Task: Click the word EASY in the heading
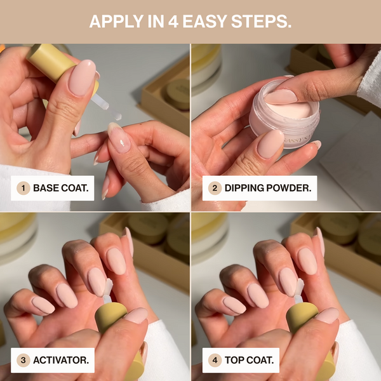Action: pos(205,22)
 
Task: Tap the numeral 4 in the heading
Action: pos(173,22)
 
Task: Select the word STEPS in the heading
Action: pos(261,22)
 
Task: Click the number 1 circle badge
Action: pos(23,188)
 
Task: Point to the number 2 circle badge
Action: pos(215,188)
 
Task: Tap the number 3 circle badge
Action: pos(23,360)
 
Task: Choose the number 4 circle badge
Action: pos(215,360)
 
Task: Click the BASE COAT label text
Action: pos(61,188)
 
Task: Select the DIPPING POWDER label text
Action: pos(268,188)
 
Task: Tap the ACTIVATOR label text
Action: pos(61,360)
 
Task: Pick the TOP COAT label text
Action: pos(250,360)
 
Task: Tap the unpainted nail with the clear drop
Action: pos(119,138)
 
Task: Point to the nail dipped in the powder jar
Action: pos(281,97)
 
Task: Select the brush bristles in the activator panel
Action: pos(108,287)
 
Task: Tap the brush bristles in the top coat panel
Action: pos(299,287)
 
